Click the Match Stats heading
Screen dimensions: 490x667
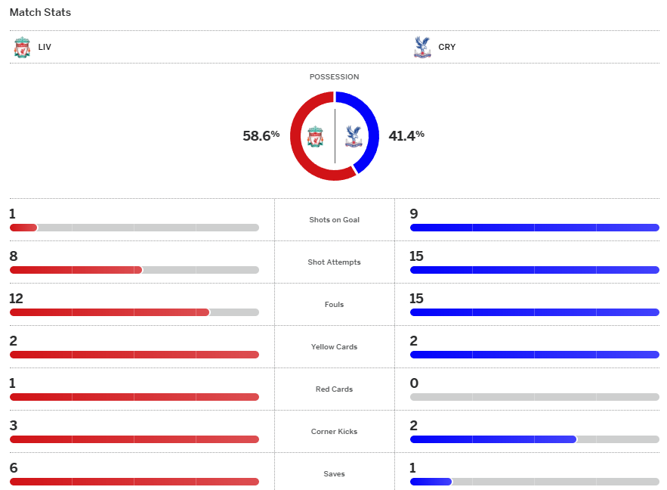[40, 13]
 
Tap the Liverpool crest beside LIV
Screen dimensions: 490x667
[22, 47]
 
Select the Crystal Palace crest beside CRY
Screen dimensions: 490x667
[422, 47]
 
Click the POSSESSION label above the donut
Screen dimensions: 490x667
[334, 77]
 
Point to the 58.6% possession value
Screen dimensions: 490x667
[261, 136]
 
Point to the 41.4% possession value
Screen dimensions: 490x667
[406, 136]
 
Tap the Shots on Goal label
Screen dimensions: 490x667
[334, 220]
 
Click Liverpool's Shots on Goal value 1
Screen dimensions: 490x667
[12, 214]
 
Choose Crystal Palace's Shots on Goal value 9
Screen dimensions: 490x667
[413, 214]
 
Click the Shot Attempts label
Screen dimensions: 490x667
[334, 262]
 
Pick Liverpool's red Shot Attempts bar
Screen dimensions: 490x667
[76, 270]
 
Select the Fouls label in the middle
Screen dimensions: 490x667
[334, 305]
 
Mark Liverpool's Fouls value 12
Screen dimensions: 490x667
[17, 299]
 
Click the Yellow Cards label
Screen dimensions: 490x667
[334, 347]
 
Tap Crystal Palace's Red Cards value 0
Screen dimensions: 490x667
[413, 383]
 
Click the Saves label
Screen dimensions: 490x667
[334, 474]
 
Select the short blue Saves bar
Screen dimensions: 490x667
[431, 482]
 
